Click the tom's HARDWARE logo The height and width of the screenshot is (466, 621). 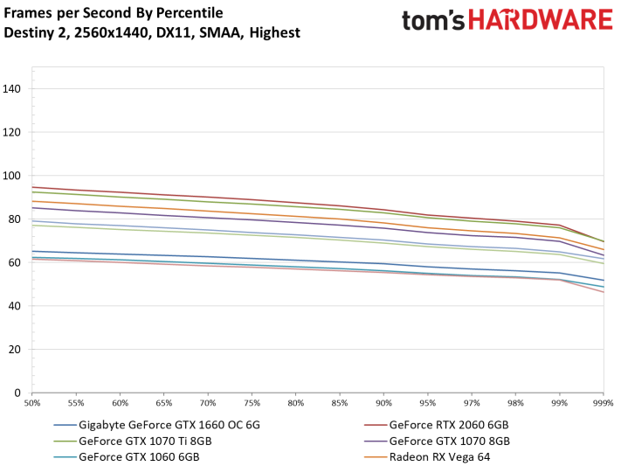(508, 23)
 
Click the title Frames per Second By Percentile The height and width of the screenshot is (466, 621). (114, 13)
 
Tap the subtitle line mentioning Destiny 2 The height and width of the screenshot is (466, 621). (152, 33)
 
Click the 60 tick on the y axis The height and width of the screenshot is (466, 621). (17, 262)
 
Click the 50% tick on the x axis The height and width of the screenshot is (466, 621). (33, 404)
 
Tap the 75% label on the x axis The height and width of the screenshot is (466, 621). (252, 404)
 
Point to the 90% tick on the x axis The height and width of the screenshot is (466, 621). (383, 404)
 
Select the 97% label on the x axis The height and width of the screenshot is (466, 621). (472, 404)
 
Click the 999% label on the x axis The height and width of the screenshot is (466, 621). (603, 404)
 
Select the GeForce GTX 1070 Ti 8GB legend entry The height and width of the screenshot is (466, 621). (145, 442)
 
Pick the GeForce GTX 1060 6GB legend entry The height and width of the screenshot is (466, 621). (136, 456)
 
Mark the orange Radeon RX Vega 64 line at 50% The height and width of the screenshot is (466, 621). (33, 201)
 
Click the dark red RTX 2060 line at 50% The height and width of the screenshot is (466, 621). (33, 187)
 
